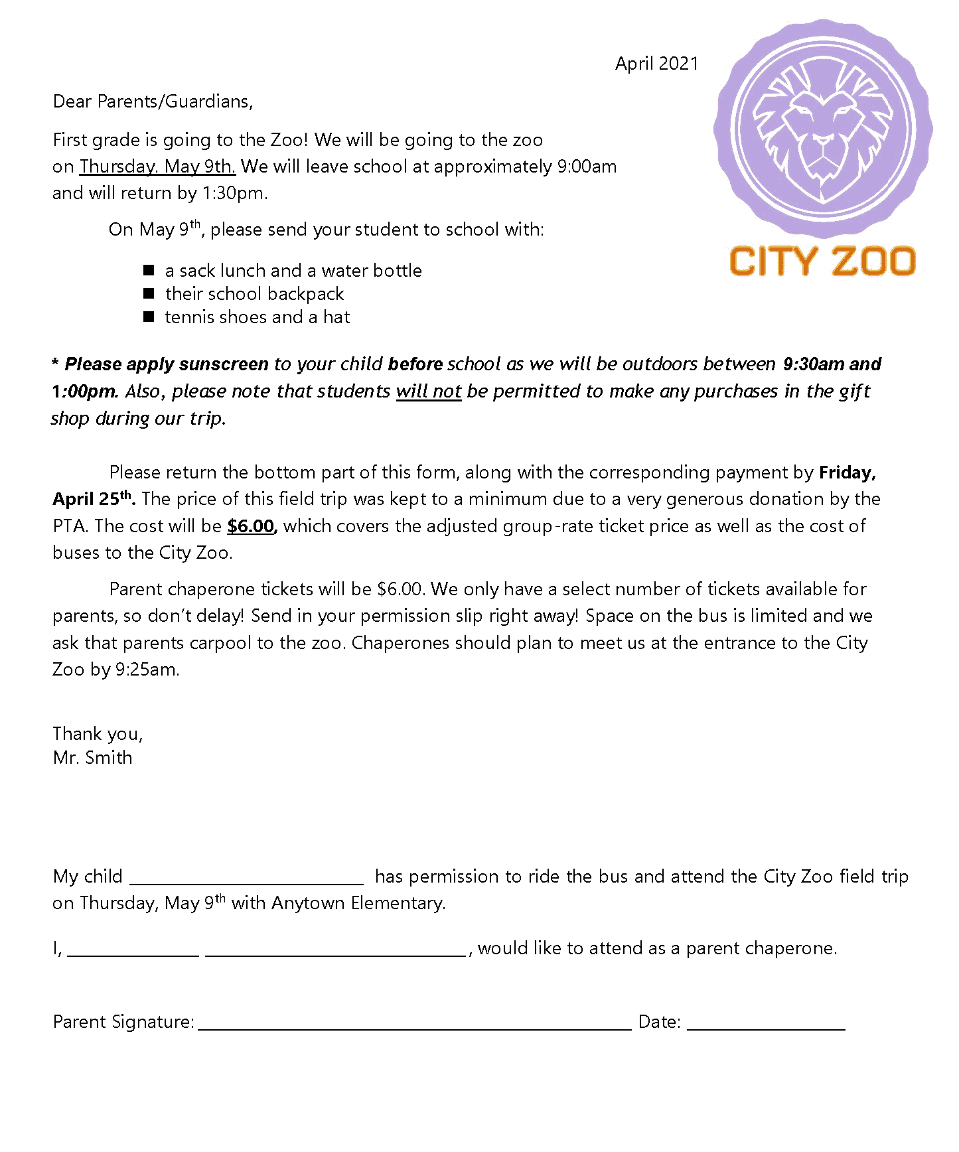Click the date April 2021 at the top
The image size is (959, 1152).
(x=656, y=64)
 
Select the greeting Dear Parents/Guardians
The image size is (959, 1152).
(x=153, y=102)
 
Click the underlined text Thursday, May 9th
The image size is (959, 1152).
(x=157, y=167)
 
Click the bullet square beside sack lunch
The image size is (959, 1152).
(x=149, y=270)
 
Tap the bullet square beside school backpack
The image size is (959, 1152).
(x=149, y=293)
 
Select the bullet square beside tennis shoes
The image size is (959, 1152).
(x=149, y=317)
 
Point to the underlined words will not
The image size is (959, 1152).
(x=428, y=392)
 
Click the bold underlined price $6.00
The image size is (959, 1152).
(x=251, y=526)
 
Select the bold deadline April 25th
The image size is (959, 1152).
(x=94, y=499)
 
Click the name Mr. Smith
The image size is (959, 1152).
(x=92, y=758)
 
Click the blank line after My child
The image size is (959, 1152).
(x=246, y=879)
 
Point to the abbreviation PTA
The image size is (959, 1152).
(x=69, y=526)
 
